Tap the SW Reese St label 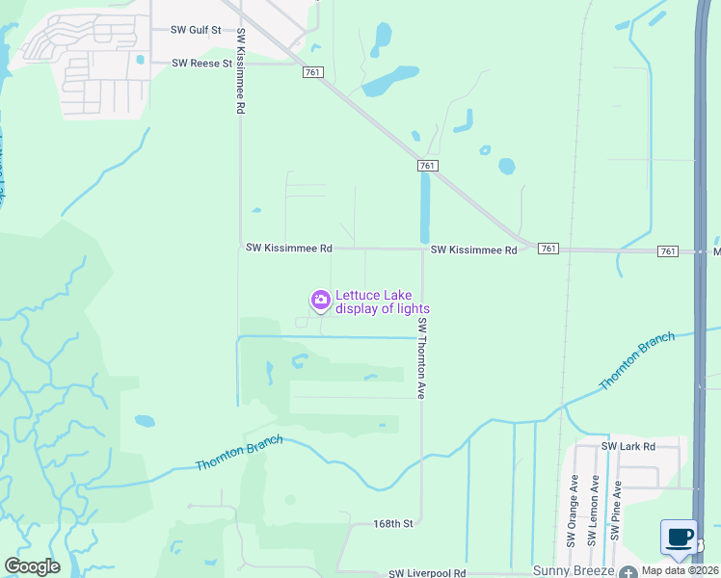pos(202,64)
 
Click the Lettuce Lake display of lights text pos(382,302)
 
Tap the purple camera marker pos(320,301)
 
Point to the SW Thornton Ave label pos(421,360)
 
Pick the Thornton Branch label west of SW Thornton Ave pos(239,453)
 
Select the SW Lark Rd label pos(628,447)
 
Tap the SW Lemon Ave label pos(595,511)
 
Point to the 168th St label pos(393,524)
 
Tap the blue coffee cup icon pos(680,538)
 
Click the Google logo pos(32,566)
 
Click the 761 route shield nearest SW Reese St pos(311,72)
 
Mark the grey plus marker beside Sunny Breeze pos(628,571)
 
